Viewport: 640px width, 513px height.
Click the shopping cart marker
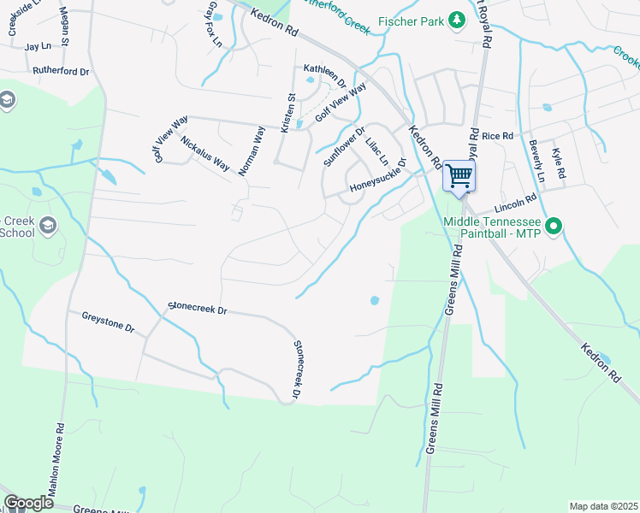(x=459, y=176)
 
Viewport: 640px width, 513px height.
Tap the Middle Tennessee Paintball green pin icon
(x=554, y=226)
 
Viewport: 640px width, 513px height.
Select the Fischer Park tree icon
(x=457, y=19)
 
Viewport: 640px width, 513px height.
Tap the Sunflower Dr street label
(x=344, y=146)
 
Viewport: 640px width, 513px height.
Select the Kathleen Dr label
(x=324, y=77)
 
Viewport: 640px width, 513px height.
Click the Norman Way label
(x=252, y=151)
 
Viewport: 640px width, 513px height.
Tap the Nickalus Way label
(x=205, y=151)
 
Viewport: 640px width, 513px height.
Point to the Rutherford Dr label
(x=61, y=72)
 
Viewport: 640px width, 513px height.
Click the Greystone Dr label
(x=109, y=321)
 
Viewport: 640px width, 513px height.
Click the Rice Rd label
(x=496, y=136)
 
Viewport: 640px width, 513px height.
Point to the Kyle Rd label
(x=559, y=162)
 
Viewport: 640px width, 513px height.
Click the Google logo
(x=28, y=503)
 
